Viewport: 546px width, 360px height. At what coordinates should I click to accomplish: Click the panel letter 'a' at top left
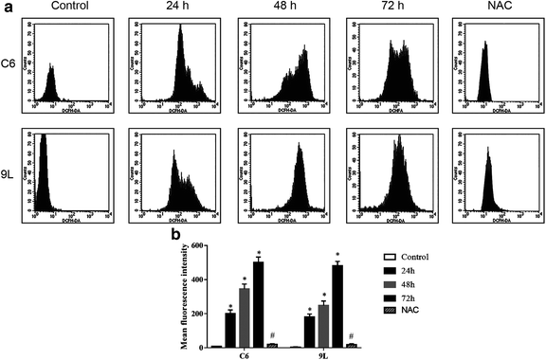click(7, 8)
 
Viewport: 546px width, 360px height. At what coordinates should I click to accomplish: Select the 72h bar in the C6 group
click(259, 304)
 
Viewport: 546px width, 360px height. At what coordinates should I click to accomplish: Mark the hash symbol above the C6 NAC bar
click(272, 337)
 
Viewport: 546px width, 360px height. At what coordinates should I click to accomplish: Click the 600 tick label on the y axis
click(198, 246)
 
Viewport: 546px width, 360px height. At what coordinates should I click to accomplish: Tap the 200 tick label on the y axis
click(198, 314)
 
